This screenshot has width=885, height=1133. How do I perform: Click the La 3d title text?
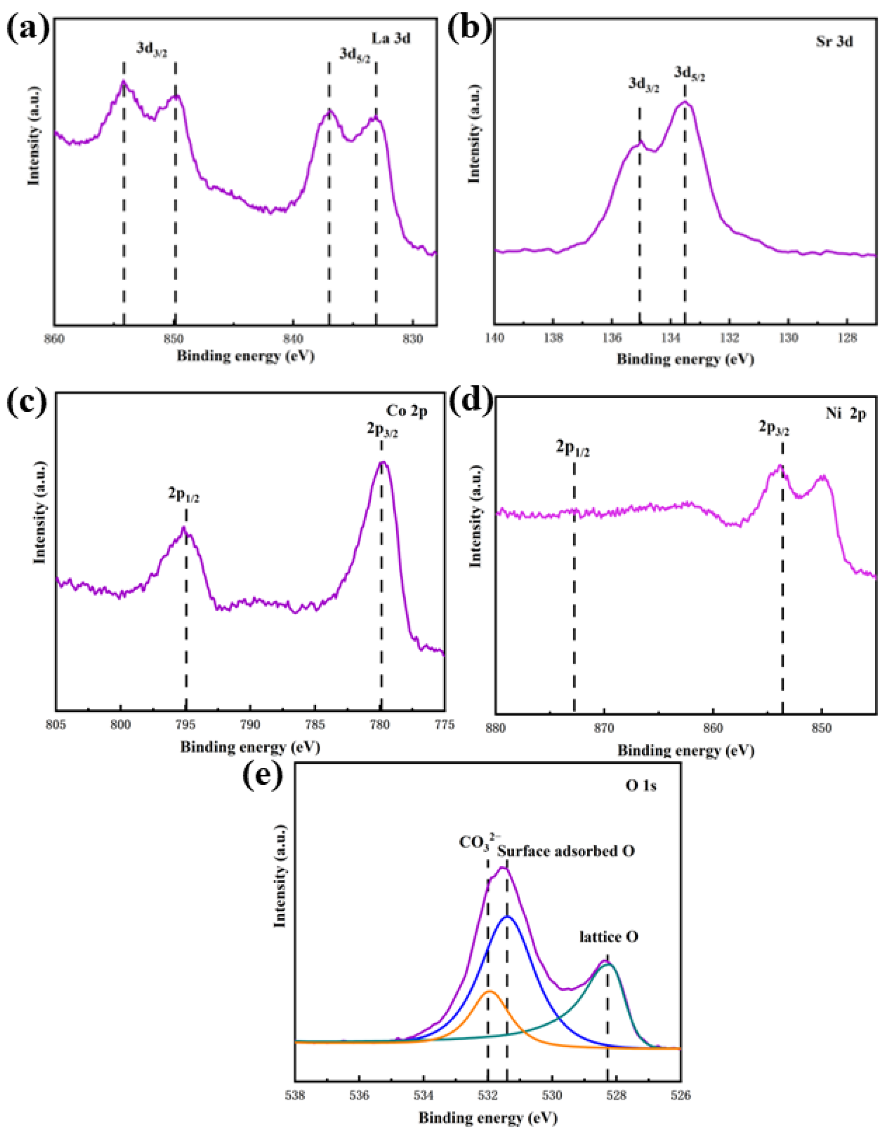pos(391,39)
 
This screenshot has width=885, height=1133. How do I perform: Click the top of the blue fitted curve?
pos(508,917)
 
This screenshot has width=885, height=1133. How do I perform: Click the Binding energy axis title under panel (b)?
pos(685,359)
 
